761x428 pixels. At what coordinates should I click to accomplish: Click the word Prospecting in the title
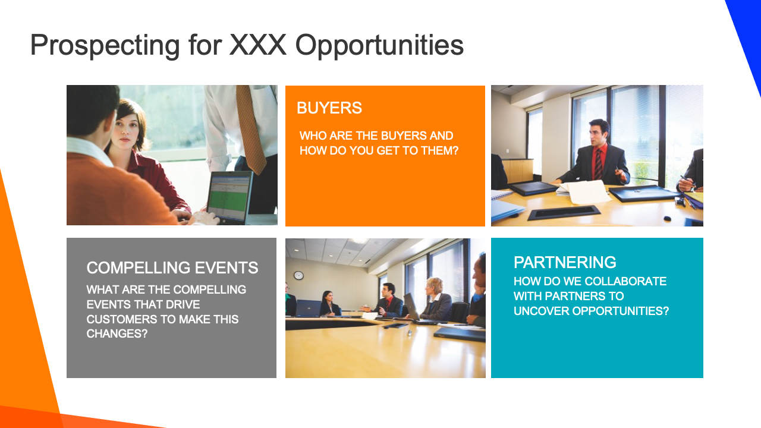[105, 46]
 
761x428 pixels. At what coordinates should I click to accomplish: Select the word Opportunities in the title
[379, 46]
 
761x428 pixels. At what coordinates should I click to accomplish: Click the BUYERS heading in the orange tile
[329, 108]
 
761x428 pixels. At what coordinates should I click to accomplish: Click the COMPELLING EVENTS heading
[172, 267]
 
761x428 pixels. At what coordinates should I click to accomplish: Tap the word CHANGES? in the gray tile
[117, 334]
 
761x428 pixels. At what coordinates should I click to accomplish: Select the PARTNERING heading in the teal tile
[565, 262]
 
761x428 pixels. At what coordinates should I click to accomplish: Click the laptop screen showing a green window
[230, 197]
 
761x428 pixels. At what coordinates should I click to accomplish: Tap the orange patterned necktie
[250, 128]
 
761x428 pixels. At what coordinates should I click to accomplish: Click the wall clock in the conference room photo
[298, 275]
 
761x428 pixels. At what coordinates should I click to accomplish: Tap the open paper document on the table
[585, 191]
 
